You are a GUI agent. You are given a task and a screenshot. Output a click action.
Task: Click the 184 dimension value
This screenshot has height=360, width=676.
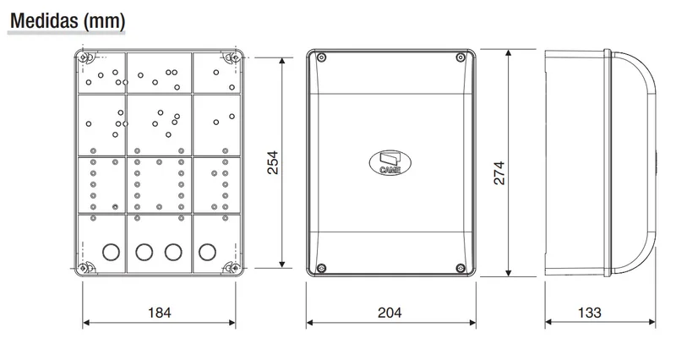pyautogui.click(x=160, y=312)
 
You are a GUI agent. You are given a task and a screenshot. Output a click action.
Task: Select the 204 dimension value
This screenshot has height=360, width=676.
pyautogui.click(x=390, y=312)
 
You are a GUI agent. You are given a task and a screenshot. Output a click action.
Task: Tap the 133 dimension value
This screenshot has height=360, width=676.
pyautogui.click(x=589, y=312)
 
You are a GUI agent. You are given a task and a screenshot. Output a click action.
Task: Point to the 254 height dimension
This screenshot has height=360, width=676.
pyautogui.click(x=272, y=162)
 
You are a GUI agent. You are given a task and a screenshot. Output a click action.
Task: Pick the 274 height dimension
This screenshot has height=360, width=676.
pyautogui.click(x=499, y=173)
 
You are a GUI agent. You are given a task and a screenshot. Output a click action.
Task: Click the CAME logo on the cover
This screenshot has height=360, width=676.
pyautogui.click(x=390, y=163)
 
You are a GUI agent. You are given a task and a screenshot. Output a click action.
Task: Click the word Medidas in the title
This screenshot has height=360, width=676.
pyautogui.click(x=44, y=20)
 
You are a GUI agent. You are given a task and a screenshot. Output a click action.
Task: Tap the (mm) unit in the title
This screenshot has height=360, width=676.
pyautogui.click(x=104, y=21)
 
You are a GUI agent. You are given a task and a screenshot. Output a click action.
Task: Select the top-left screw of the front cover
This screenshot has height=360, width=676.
pyautogui.click(x=321, y=57)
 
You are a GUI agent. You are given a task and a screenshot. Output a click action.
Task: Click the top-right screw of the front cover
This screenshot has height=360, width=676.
pyautogui.click(x=461, y=57)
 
